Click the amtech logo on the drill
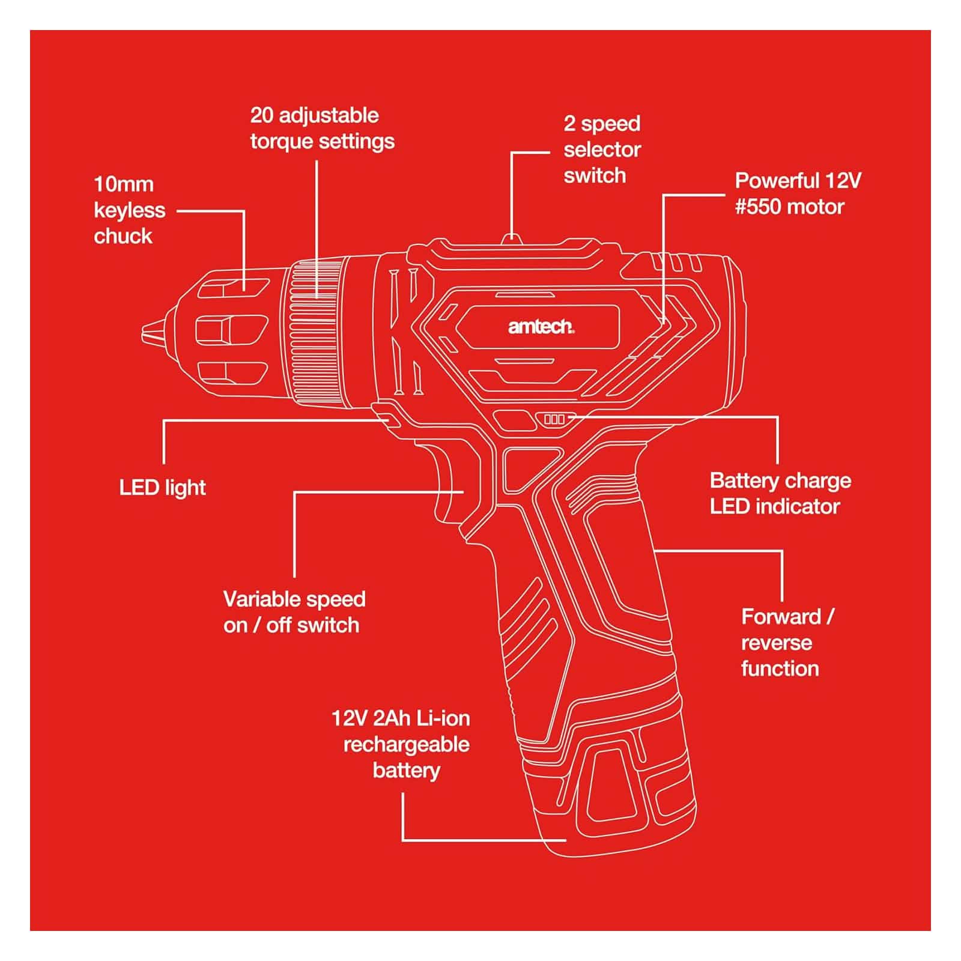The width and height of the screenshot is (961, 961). pyautogui.click(x=541, y=326)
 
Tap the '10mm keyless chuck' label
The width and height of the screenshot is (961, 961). pyautogui.click(x=129, y=210)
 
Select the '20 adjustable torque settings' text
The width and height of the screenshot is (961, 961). pyautogui.click(x=322, y=129)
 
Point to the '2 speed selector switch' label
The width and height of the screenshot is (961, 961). pyautogui.click(x=602, y=150)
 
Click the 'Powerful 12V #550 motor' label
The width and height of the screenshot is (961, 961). pyautogui.click(x=798, y=193)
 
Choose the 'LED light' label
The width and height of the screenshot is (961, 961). pyautogui.click(x=162, y=488)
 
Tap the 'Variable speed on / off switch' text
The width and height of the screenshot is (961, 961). pyautogui.click(x=294, y=612)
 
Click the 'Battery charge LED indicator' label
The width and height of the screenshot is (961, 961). pyautogui.click(x=780, y=494)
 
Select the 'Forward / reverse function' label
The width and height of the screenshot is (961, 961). pyautogui.click(x=787, y=643)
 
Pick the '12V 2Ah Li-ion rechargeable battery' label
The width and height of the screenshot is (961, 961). pyautogui.click(x=401, y=745)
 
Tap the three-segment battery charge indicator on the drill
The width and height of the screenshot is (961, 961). pyautogui.click(x=554, y=419)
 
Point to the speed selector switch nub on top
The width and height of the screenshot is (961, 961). pyautogui.click(x=511, y=239)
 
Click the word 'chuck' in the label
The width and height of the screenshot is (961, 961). pyautogui.click(x=123, y=236)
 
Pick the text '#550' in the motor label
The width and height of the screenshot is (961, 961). pyautogui.click(x=758, y=207)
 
